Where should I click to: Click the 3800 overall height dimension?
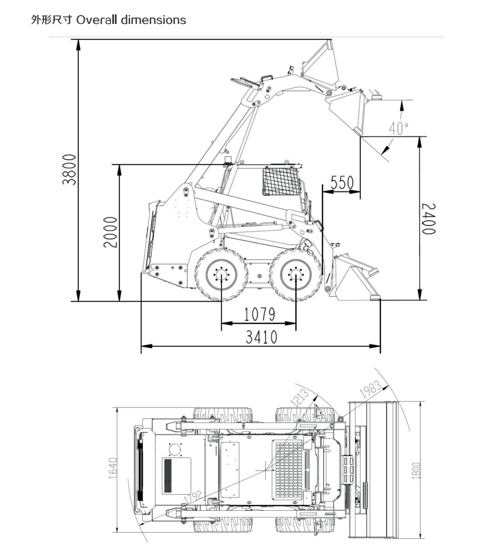coord(69,169)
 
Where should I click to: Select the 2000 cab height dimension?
coord(111,232)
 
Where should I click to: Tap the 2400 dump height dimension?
coord(429,218)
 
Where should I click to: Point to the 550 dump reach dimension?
coord(342,183)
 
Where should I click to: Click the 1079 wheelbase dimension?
coord(259,314)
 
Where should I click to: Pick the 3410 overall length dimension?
coord(261,337)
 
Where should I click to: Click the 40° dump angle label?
coord(399,128)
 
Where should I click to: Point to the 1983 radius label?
coord(371,389)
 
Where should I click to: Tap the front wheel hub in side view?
coord(296,275)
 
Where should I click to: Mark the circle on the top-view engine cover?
coord(175,449)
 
